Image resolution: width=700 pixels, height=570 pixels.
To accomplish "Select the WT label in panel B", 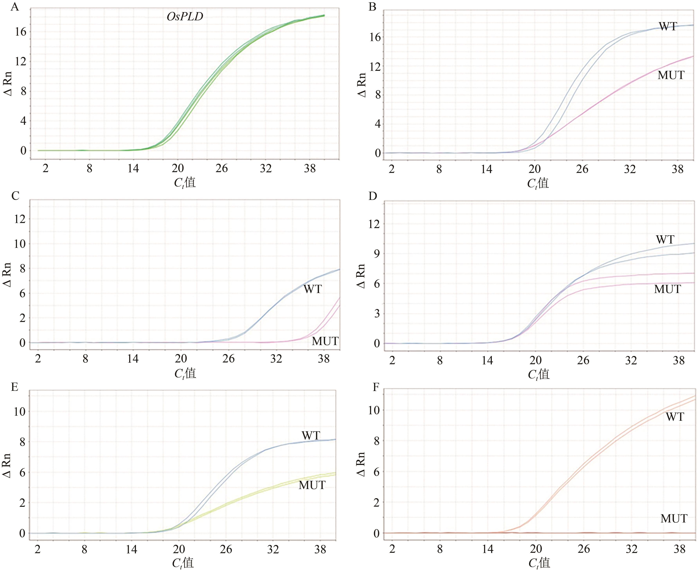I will coord(668,26).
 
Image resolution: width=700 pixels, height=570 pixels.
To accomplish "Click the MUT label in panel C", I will coord(325,341).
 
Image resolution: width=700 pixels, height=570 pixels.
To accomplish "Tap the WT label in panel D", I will coord(665,240).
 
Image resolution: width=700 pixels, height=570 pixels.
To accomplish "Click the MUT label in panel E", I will coord(312,485).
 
